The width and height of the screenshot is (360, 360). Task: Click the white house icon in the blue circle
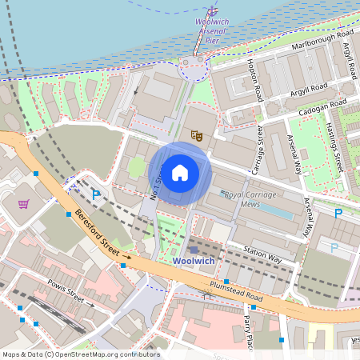(x=180, y=172)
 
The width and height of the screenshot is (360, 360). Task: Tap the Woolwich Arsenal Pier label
(x=211, y=30)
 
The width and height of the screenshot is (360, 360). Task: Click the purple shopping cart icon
(x=23, y=204)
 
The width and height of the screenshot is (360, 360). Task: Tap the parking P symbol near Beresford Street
(x=97, y=194)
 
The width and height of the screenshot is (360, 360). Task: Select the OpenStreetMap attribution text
(x=80, y=354)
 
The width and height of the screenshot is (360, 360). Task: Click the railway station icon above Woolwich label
(x=193, y=250)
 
